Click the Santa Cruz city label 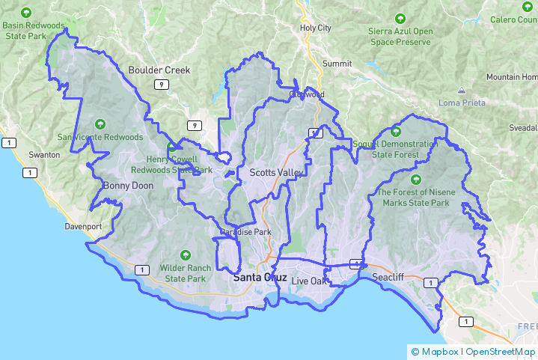pyautogui.click(x=260, y=277)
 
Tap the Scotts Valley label pyautogui.click(x=277, y=173)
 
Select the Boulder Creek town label pyautogui.click(x=159, y=70)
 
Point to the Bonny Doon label pyautogui.click(x=127, y=186)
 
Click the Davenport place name pyautogui.click(x=82, y=225)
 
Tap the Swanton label pyautogui.click(x=43, y=154)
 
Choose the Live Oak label pyautogui.click(x=310, y=281)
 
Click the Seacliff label pyautogui.click(x=388, y=277)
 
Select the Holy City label pyautogui.click(x=315, y=28)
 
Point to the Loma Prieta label pyautogui.click(x=462, y=103)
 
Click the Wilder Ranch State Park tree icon pyautogui.click(x=186, y=255)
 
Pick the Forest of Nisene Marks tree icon pyautogui.click(x=415, y=179)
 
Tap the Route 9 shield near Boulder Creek pyautogui.click(x=161, y=85)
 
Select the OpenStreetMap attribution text pyautogui.click(x=501, y=351)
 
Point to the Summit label pyautogui.click(x=337, y=64)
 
